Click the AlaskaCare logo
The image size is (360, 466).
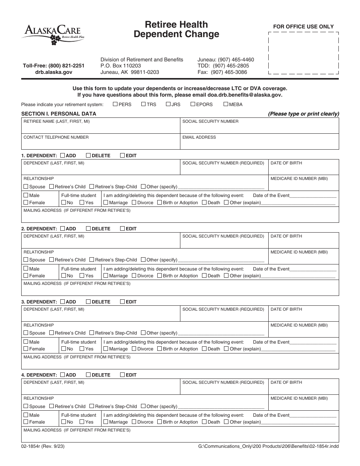point(52,33)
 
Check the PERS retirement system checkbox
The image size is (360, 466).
point(115,104)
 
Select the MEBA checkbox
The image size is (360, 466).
point(226,104)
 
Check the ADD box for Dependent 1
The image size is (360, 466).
point(63,155)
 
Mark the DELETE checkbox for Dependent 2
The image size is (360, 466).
point(88,228)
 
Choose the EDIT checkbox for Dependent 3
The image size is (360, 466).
point(122,302)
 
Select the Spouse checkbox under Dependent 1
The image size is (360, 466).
point(26,186)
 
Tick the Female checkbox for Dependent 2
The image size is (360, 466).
point(26,276)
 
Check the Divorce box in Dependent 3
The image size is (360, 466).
point(134,349)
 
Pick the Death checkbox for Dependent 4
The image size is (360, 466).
point(204,422)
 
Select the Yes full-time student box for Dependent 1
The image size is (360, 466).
point(82,203)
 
